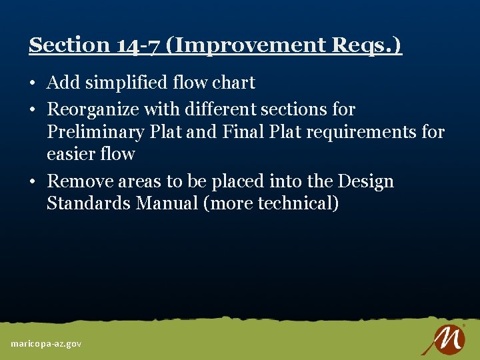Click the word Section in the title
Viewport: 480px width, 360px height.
click(69, 45)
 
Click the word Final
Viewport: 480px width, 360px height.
click(238, 132)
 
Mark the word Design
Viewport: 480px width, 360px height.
click(365, 181)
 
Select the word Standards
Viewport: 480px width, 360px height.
click(89, 203)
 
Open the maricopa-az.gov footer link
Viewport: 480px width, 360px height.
click(46, 343)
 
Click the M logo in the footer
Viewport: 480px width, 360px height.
click(443, 339)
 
